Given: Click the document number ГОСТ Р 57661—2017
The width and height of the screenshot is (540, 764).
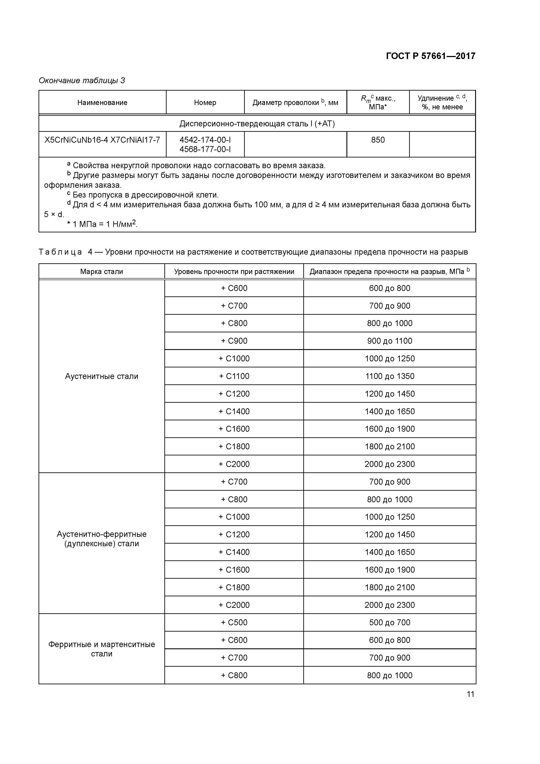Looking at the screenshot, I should coord(430,56).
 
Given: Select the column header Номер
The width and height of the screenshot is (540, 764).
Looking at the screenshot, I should coord(205,103).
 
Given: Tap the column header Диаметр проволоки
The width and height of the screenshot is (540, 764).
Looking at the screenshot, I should coord(295,103).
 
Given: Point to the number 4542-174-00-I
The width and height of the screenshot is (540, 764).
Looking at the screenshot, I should coord(205,140).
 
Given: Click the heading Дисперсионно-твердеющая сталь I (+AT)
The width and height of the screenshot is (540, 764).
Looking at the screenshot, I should coord(257,124).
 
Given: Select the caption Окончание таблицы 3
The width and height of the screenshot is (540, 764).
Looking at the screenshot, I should coord(82,81).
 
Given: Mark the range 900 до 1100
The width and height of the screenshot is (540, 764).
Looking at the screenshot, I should coord(390,341).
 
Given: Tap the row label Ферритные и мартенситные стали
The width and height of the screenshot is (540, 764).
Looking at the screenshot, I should coord(101,649).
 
